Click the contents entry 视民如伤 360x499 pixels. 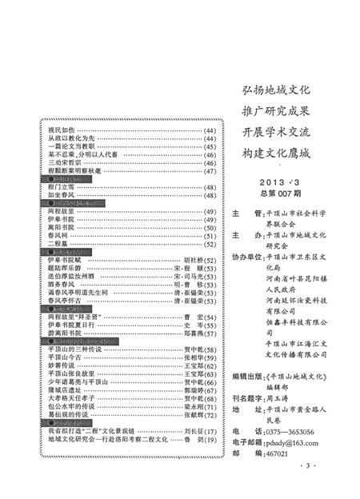click(61, 129)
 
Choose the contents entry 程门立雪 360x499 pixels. click(61, 186)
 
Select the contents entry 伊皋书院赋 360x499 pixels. click(64, 261)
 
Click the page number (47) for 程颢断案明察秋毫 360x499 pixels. click(210, 170)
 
